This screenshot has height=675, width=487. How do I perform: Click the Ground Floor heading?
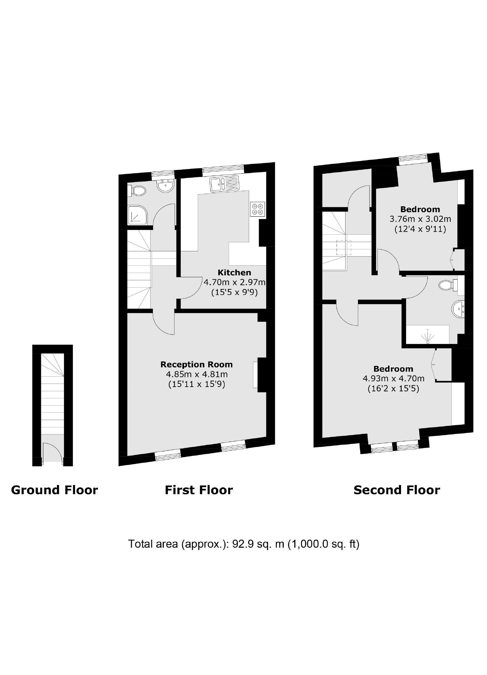pyautogui.click(x=54, y=490)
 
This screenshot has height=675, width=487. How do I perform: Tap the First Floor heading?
pyautogui.click(x=199, y=490)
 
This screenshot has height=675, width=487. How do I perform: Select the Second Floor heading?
pyautogui.click(x=396, y=490)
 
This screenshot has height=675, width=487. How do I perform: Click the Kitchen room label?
pyautogui.click(x=234, y=272)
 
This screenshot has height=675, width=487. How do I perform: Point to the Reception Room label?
pyautogui.click(x=196, y=364)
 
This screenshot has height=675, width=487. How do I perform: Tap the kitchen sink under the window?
pyautogui.click(x=224, y=183)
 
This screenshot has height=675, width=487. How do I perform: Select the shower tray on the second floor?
pyautogui.click(x=427, y=335)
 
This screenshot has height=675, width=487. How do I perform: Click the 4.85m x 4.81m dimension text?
pyautogui.click(x=196, y=374)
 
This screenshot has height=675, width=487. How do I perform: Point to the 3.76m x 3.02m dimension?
pyautogui.click(x=420, y=219)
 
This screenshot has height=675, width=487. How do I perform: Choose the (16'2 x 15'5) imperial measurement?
pyautogui.click(x=393, y=388)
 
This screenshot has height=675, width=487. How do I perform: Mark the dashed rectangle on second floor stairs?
pyautogui.click(x=344, y=248)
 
